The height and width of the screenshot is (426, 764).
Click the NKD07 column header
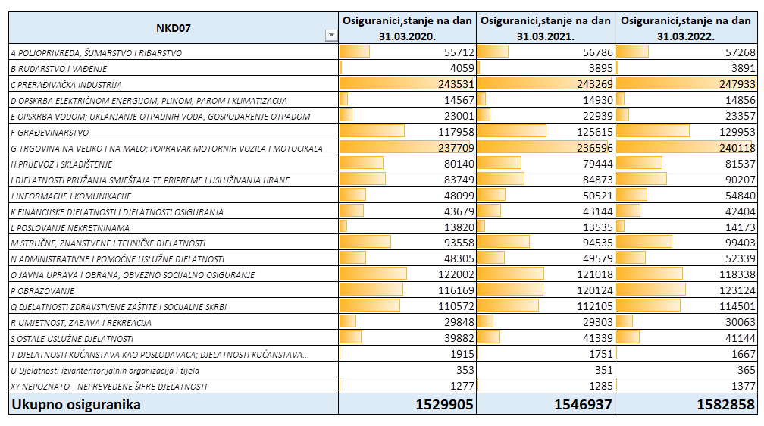tap(173, 28)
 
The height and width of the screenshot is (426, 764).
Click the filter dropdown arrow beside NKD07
tap(331, 35)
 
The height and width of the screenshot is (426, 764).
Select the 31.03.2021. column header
tap(545, 28)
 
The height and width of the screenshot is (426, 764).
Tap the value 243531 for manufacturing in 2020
tap(456, 84)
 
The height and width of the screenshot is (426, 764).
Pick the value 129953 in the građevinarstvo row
tap(737, 132)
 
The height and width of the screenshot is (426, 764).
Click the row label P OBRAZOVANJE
tap(43, 291)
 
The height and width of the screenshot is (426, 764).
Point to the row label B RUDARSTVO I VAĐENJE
tap(59, 69)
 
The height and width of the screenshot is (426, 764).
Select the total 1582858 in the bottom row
tap(725, 405)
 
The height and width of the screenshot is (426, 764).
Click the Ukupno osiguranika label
tap(76, 405)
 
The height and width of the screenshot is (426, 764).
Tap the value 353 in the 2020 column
tap(465, 370)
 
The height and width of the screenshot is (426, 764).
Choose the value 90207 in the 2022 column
tap(740, 180)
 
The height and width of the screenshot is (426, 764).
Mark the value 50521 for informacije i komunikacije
tap(598, 196)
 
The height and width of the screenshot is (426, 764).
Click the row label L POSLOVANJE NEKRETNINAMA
tap(70, 227)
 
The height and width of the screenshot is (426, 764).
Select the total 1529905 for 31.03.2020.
tap(444, 405)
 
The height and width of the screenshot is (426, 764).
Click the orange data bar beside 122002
tap(373, 274)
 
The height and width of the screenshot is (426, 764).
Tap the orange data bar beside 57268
tap(632, 52)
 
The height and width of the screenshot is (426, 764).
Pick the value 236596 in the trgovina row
tap(594, 148)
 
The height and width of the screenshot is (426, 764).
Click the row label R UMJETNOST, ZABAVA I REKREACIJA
tap(81, 323)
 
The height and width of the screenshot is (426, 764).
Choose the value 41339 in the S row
tap(598, 338)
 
